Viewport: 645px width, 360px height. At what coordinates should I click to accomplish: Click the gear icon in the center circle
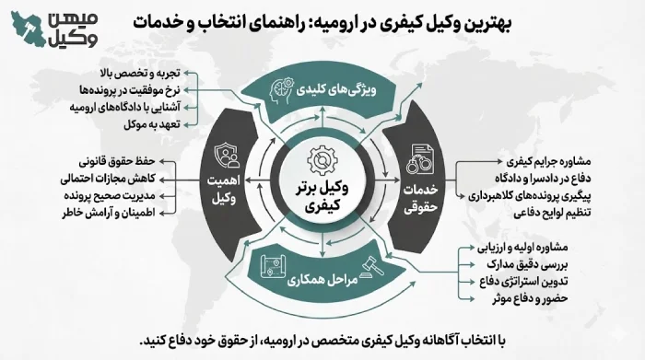322,157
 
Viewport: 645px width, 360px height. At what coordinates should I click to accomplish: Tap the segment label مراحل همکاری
311,278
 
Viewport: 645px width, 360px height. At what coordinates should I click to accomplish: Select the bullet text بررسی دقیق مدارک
524,264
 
